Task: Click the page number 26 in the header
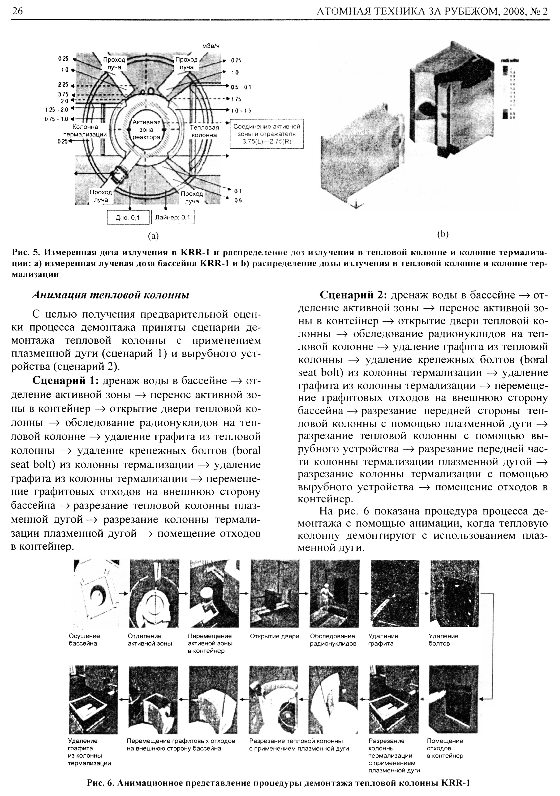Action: pyautogui.click(x=17, y=11)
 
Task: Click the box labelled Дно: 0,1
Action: pyautogui.click(x=128, y=218)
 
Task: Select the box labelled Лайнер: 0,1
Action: pyautogui.click(x=173, y=218)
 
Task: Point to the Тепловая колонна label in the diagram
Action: pyautogui.click(x=204, y=131)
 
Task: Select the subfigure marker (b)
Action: pyautogui.click(x=442, y=235)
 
